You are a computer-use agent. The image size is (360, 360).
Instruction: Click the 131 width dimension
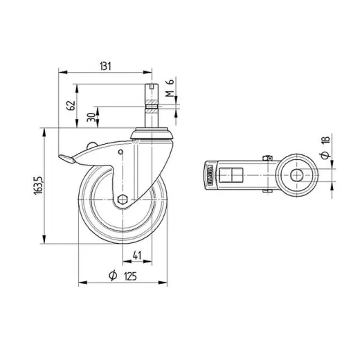105,66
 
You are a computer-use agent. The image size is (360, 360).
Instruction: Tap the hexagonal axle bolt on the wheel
123,201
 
